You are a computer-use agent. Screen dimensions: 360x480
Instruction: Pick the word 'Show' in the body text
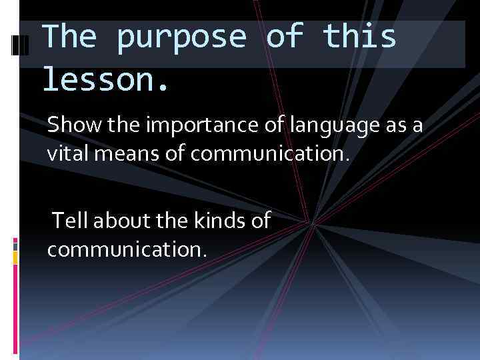70,125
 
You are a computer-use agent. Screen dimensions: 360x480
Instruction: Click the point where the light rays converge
312,223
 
